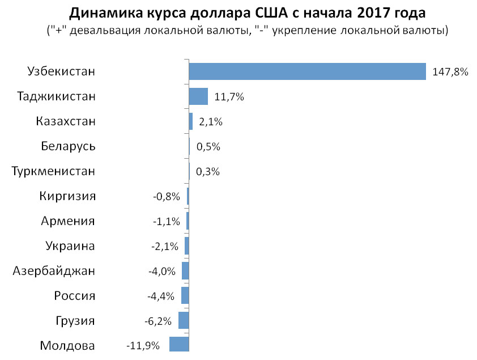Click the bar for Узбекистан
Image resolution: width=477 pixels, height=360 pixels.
click(x=307, y=71)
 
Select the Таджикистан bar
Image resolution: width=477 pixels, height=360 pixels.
click(x=198, y=96)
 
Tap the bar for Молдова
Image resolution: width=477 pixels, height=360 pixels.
click(x=179, y=345)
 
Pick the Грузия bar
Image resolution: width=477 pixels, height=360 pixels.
click(x=184, y=320)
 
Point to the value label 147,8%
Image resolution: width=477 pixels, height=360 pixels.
click(x=450, y=72)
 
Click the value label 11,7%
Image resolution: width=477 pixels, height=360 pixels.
click(x=229, y=97)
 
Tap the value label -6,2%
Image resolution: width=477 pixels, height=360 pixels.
click(x=158, y=321)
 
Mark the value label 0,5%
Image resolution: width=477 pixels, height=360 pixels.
click(x=208, y=146)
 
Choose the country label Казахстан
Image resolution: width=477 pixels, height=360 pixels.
click(x=65, y=121)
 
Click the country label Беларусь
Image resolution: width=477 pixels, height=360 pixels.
click(x=68, y=146)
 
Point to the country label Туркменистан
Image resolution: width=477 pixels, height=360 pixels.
click(x=54, y=171)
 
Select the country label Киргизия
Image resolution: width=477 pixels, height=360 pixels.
click(x=67, y=196)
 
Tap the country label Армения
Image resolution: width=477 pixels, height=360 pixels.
click(x=68, y=221)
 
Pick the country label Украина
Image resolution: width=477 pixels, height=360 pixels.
click(x=70, y=246)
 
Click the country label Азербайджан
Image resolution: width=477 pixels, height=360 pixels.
click(x=54, y=271)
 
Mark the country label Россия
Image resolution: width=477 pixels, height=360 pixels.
click(x=75, y=296)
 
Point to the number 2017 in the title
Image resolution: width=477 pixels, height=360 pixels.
click(x=372, y=12)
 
